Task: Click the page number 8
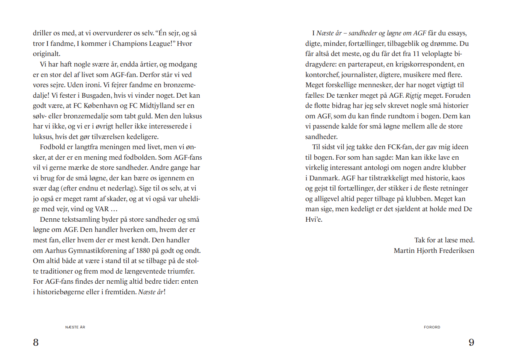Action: [36, 342]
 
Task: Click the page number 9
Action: [471, 342]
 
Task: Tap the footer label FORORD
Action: [432, 327]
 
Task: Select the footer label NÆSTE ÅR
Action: [75, 327]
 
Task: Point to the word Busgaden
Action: [96, 95]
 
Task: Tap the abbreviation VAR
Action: [102, 209]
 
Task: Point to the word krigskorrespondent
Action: [425, 64]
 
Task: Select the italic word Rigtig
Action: [413, 95]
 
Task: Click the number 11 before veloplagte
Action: [416, 54]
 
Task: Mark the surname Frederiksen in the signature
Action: [454, 251]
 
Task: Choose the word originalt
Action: [47, 54]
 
